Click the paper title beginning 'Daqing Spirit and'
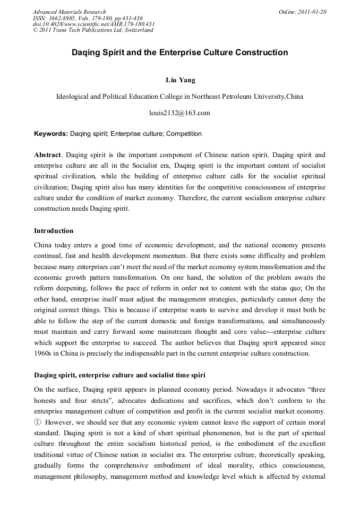pos(180,53)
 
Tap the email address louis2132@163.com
pos(180,113)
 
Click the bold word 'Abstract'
pos(47,155)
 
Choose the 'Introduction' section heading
pos(54,231)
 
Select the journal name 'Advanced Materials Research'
pos(69,12)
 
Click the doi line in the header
pos(93,24)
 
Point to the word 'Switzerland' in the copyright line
pos(136,30)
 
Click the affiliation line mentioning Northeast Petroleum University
pos(180,97)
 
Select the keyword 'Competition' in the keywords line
pos(184,134)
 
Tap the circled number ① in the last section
pos(38,422)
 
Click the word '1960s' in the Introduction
pos(43,353)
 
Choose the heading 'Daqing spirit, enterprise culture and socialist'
pos(119,375)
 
